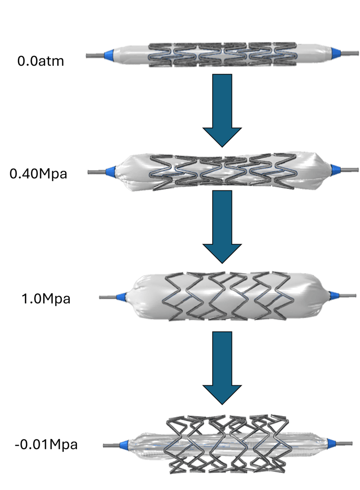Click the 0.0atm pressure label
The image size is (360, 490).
coord(40,61)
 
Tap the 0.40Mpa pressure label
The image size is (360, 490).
coord(38,174)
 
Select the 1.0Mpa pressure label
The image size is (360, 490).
coord(46,299)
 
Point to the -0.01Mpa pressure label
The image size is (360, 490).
coord(46,444)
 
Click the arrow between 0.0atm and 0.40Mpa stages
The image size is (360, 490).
coord(222,110)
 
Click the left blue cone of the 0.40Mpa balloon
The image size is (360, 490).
coord(111,172)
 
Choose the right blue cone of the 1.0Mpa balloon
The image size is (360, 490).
coord(335,295)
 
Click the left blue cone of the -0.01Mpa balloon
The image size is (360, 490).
coord(124,445)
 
